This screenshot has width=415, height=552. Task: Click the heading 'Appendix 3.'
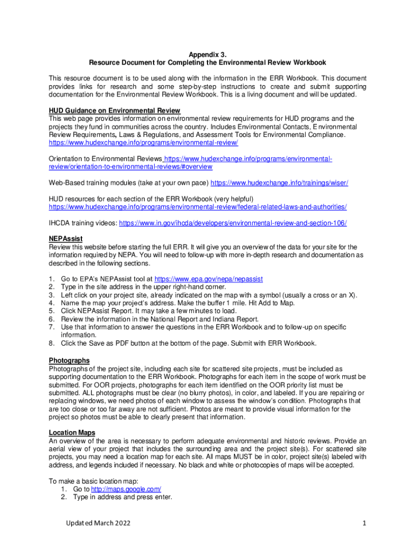(x=207, y=54)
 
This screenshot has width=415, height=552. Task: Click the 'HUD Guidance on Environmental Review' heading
(x=114, y=111)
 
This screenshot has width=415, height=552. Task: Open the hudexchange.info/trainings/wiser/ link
(x=279, y=183)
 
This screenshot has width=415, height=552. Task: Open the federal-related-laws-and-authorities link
(x=197, y=206)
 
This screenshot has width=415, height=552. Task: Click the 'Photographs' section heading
(x=69, y=360)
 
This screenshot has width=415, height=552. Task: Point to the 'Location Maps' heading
(x=72, y=432)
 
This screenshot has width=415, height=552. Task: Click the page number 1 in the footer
(x=365, y=523)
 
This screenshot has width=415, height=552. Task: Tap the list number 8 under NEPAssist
(x=51, y=343)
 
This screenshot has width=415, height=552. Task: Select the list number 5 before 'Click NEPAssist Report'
(x=51, y=311)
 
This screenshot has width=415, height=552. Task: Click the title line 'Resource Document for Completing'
(x=207, y=63)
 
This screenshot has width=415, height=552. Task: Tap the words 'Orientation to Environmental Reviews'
(x=105, y=159)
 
